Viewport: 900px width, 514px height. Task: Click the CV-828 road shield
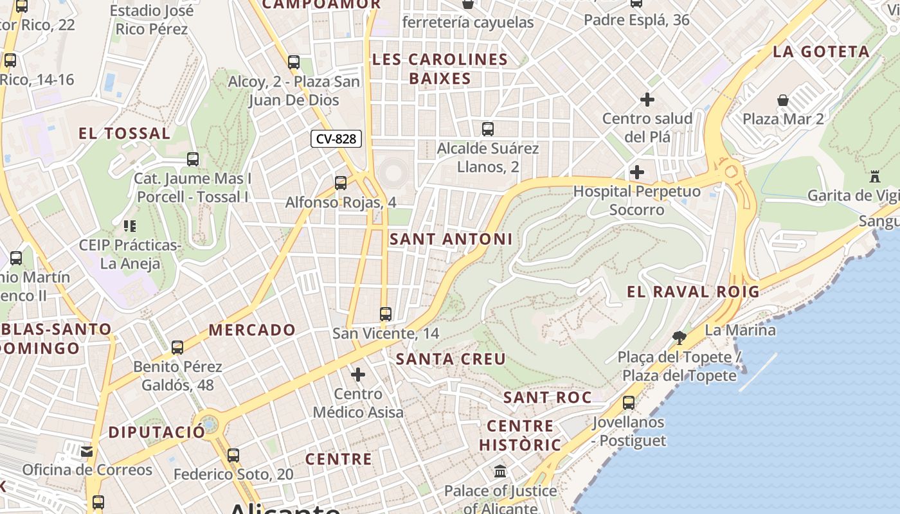336,139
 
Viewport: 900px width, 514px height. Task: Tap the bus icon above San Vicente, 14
386,314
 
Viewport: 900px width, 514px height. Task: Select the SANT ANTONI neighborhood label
451,239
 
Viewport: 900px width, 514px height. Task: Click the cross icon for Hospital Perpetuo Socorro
637,172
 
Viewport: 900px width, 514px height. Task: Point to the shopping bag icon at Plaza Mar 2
783,100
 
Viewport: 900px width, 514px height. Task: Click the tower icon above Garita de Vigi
874,176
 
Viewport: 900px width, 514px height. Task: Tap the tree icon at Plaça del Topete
679,337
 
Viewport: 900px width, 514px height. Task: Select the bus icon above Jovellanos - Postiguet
629,403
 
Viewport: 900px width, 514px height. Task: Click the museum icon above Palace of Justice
500,472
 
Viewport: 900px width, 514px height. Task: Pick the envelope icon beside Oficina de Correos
87,452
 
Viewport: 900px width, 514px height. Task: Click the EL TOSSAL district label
124,134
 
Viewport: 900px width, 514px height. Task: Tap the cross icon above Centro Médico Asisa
358,375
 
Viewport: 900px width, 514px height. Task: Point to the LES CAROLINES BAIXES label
440,69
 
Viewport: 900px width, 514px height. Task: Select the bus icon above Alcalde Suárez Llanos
488,129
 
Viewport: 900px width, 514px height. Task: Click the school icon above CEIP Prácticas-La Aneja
130,226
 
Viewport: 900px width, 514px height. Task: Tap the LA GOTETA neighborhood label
821,51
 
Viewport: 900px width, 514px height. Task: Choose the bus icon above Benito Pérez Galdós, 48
177,348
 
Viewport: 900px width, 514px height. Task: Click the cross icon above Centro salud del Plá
647,100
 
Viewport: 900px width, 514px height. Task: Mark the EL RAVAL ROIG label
693,292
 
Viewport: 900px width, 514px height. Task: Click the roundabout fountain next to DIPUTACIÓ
208,424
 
